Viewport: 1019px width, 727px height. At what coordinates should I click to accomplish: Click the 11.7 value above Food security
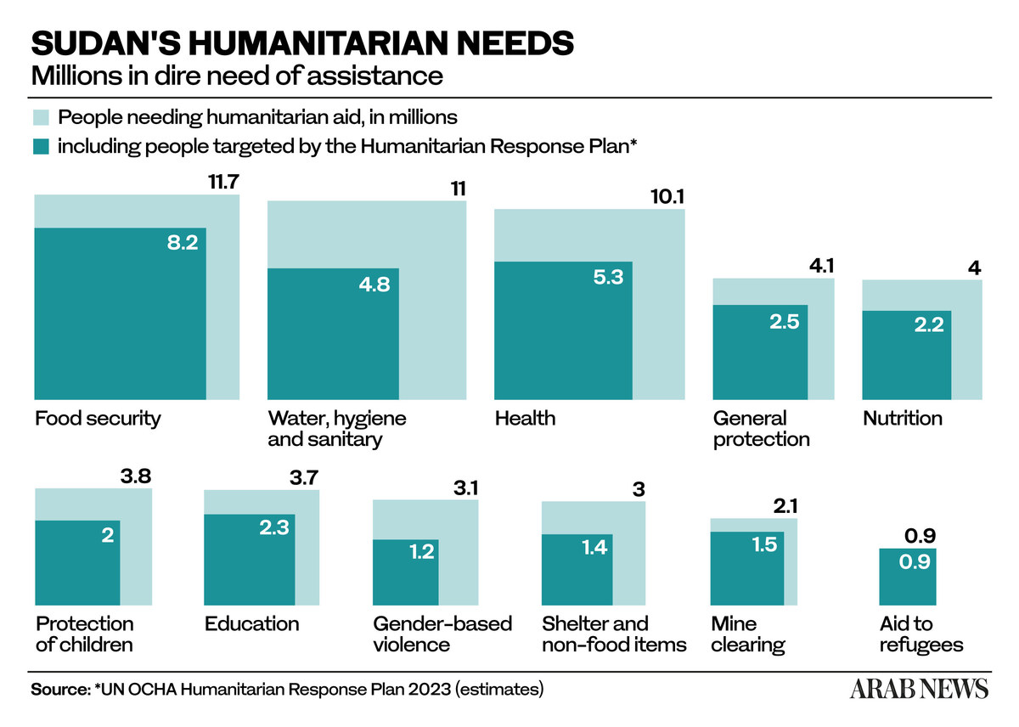pyautogui.click(x=223, y=182)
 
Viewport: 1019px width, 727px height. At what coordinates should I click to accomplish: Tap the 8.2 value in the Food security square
pyautogui.click(x=183, y=243)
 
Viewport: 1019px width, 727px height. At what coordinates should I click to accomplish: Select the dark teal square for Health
pyautogui.click(x=563, y=330)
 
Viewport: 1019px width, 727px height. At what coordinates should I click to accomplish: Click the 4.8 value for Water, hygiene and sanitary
pyautogui.click(x=374, y=285)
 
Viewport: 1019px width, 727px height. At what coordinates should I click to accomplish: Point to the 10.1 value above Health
pyautogui.click(x=667, y=196)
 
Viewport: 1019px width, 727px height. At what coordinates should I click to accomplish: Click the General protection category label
pyautogui.click(x=762, y=429)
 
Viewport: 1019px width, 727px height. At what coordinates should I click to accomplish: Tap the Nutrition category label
pyautogui.click(x=903, y=418)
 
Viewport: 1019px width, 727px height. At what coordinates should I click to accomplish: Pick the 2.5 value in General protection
pyautogui.click(x=785, y=322)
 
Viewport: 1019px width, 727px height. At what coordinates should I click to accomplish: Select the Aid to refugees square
pyautogui.click(x=908, y=577)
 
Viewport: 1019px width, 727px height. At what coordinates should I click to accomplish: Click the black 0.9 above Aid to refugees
pyautogui.click(x=920, y=535)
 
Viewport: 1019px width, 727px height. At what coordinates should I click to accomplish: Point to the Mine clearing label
pyautogui.click(x=748, y=634)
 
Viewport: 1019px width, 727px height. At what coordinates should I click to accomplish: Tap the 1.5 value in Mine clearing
pyautogui.click(x=764, y=544)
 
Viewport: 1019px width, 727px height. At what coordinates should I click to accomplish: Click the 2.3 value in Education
pyautogui.click(x=274, y=527)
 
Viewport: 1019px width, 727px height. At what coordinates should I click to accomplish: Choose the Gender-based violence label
pyautogui.click(x=442, y=634)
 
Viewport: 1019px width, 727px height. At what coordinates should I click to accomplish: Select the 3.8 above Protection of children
pyautogui.click(x=136, y=476)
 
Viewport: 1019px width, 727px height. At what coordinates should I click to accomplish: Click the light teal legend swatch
pyautogui.click(x=41, y=117)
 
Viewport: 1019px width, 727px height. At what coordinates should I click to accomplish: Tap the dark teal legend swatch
pyautogui.click(x=41, y=146)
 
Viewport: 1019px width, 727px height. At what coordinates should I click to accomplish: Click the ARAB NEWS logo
pyautogui.click(x=919, y=688)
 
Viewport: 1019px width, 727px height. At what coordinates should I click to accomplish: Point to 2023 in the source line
pyautogui.click(x=429, y=689)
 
